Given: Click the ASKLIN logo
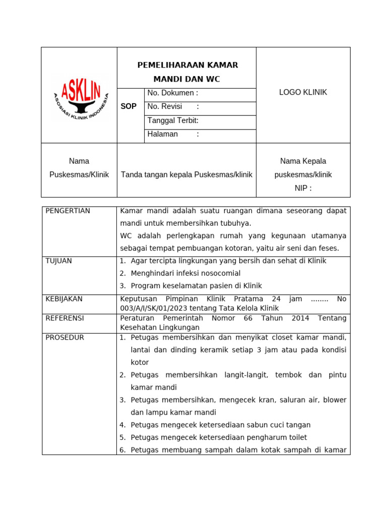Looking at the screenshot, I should tap(79, 96).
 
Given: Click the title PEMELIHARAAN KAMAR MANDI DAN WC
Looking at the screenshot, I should tap(187, 72).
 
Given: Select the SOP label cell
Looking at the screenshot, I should tap(128, 106).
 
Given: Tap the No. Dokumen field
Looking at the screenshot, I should tap(173, 93).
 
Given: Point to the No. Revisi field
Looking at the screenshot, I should tap(173, 106).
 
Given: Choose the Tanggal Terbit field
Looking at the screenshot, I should tap(173, 120).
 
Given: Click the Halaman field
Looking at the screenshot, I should tap(173, 134).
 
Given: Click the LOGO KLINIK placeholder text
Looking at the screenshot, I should tap(303, 92).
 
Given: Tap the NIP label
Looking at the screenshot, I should tap(303, 188).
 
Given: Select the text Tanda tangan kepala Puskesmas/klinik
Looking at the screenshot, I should tap(186, 174).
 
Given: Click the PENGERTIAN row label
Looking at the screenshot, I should tap(68, 211).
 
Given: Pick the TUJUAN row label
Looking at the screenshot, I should tap(59, 261).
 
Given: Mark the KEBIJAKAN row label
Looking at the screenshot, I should tap(64, 299).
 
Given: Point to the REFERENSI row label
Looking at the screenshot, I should tap(64, 318).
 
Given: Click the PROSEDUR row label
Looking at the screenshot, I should tap(64, 337).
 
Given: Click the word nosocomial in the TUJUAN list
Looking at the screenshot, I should tap(219, 273).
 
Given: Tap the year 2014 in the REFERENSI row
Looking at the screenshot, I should tap(295, 318).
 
